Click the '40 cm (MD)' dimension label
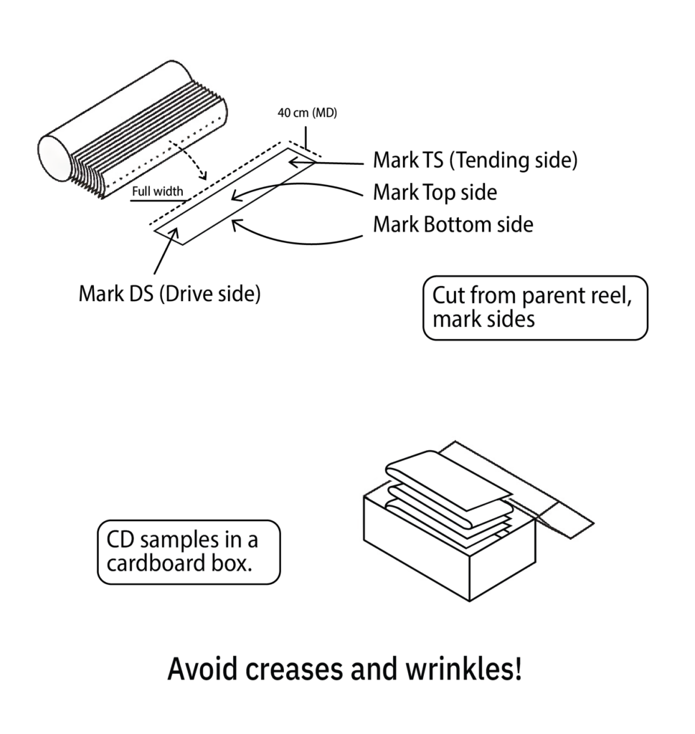pos(307,113)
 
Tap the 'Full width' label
pos(157,192)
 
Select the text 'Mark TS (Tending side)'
pos(475,161)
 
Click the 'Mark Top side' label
pos(435,192)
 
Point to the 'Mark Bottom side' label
pos(453,224)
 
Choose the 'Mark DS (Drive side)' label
pos(169,294)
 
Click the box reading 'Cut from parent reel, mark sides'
pos(535,308)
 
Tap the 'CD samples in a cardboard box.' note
pos(188,551)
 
